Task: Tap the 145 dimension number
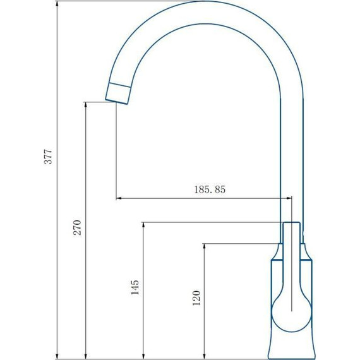pos(135,287)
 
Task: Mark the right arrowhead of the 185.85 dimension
pos(288,199)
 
